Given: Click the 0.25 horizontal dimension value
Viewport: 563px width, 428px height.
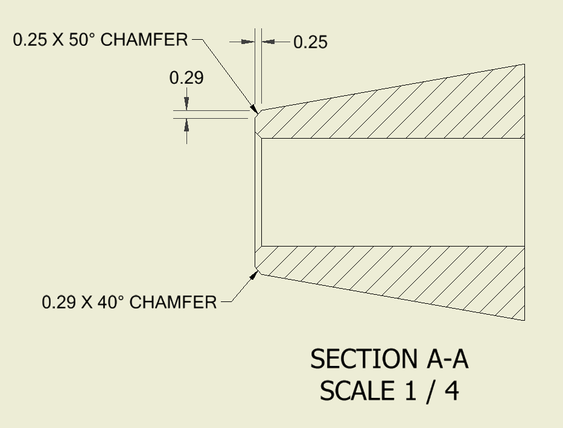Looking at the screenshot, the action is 310,42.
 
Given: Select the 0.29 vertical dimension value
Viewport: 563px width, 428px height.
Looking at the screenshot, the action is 186,78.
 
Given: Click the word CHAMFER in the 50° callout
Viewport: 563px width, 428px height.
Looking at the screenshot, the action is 145,40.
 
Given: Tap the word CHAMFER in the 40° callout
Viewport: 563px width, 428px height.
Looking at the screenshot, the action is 173,301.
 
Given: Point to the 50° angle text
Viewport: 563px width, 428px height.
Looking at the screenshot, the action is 84,40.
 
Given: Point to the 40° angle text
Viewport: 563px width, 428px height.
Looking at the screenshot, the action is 112,301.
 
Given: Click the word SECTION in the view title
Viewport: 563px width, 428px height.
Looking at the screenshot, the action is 360,360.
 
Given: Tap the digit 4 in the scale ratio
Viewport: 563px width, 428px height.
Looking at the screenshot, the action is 451,391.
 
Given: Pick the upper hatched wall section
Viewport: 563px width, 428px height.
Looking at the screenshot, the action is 392,112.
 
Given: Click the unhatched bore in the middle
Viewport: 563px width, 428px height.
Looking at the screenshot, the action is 392,192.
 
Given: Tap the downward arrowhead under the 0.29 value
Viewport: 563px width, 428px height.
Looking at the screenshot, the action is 186,104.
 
